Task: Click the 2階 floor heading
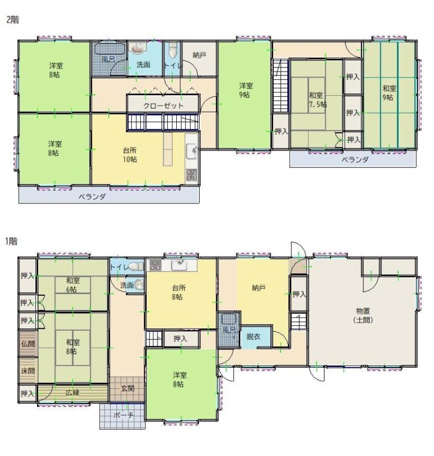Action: pyautogui.click(x=13, y=20)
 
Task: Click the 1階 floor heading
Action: pyautogui.click(x=11, y=241)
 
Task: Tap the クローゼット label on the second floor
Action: pyautogui.click(x=164, y=105)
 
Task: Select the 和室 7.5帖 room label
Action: pyautogui.click(x=317, y=100)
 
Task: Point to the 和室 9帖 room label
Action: pyautogui.click(x=389, y=92)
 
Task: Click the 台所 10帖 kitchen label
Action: pyautogui.click(x=129, y=154)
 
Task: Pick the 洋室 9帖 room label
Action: pyautogui.click(x=246, y=90)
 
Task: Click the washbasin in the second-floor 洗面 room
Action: pyautogui.click(x=137, y=48)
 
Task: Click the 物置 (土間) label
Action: pyautogui.click(x=363, y=315)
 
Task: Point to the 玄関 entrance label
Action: pyautogui.click(x=127, y=388)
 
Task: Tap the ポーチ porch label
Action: pyautogui.click(x=123, y=415)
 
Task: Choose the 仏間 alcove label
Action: pyautogui.click(x=28, y=344)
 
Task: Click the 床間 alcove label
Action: pyautogui.click(x=28, y=371)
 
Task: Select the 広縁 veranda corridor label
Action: pyautogui.click(x=72, y=393)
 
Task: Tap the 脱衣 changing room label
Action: pyautogui.click(x=253, y=336)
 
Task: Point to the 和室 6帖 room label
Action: pyautogui.click(x=73, y=285)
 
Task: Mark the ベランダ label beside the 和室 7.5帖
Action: pyautogui.click(x=355, y=160)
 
